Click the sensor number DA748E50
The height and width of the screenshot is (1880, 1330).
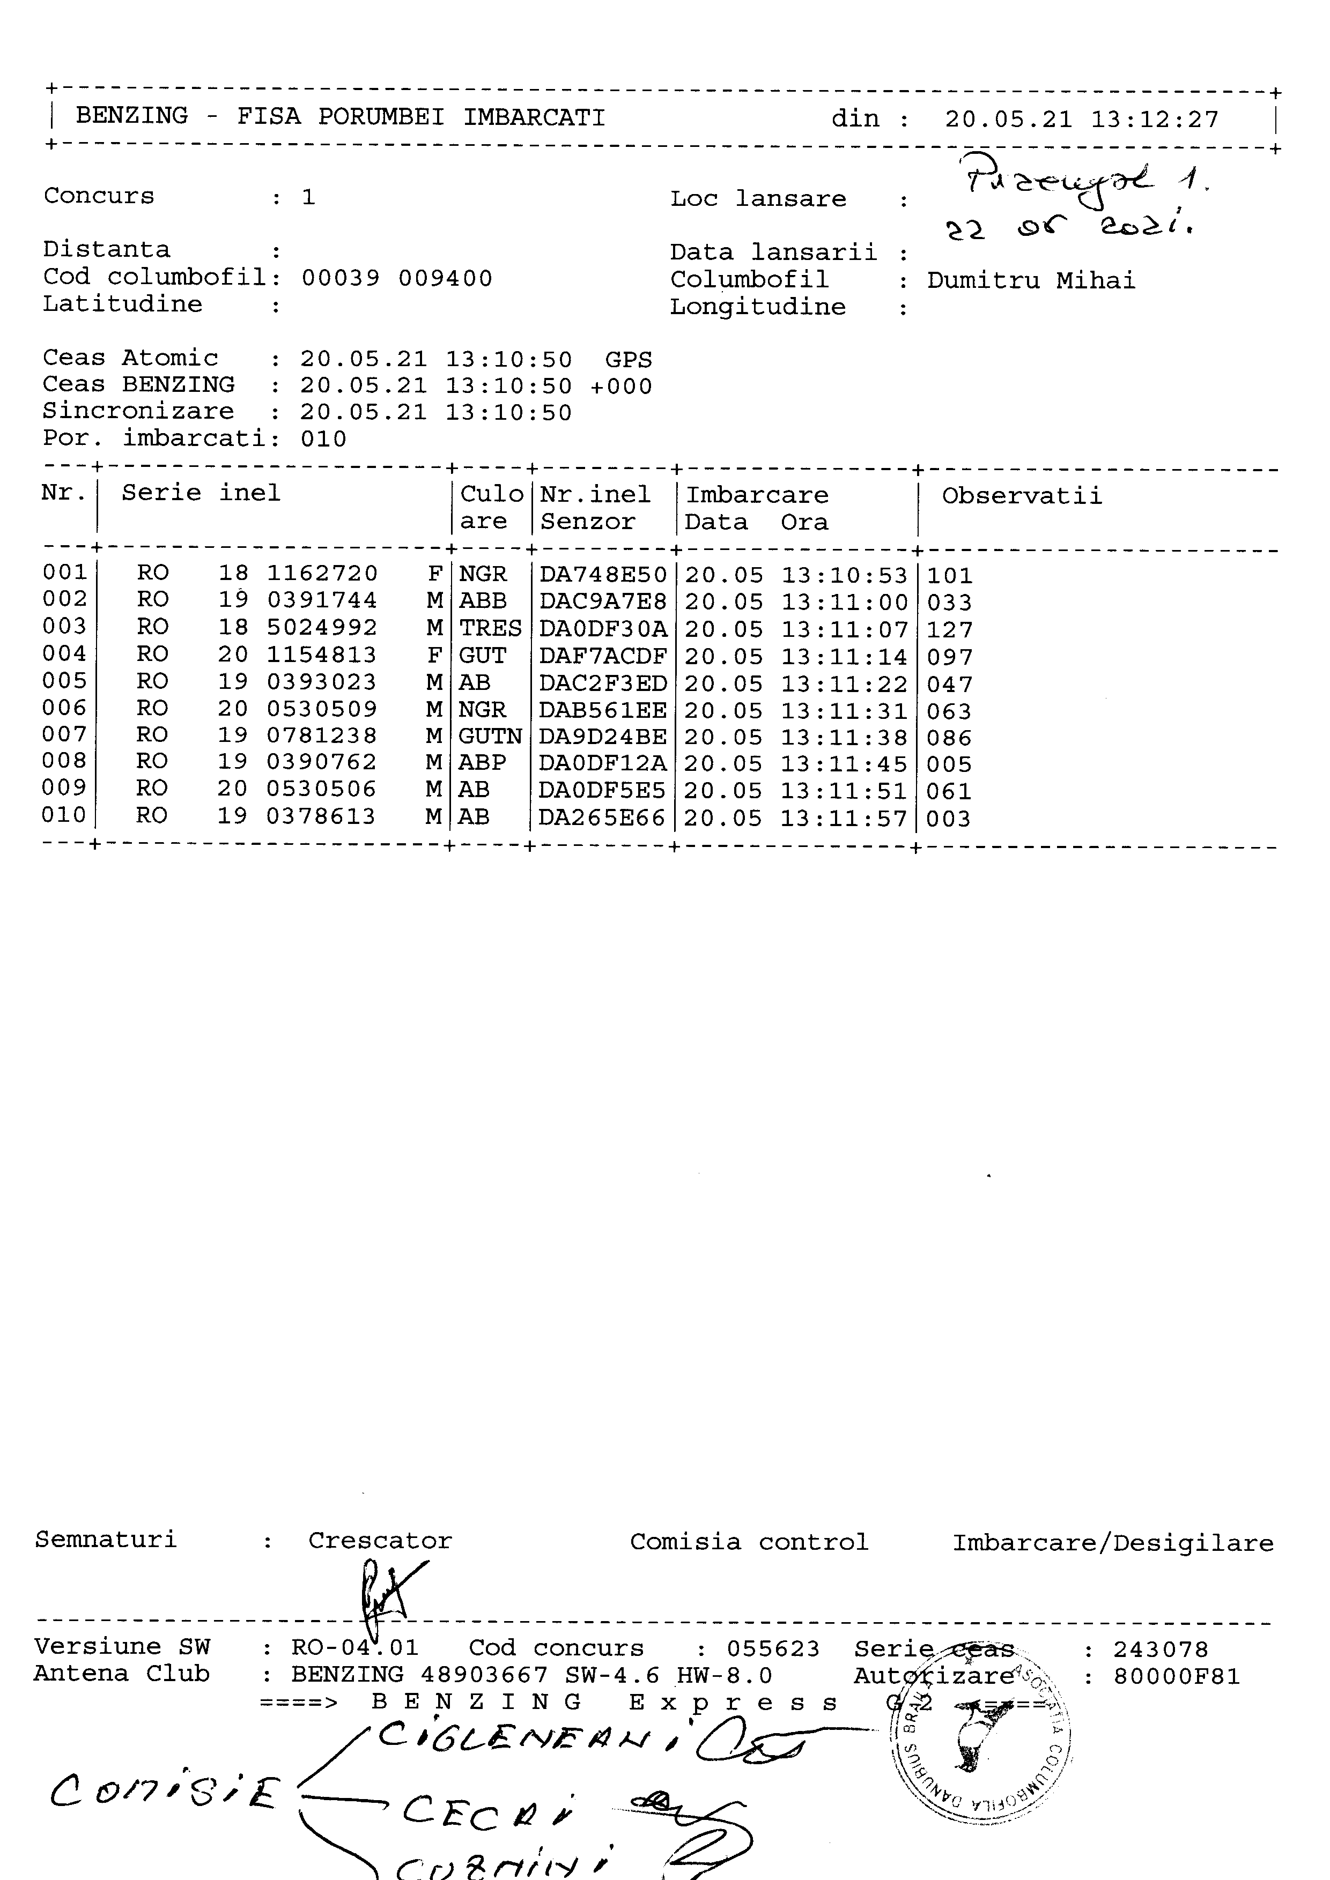point(603,575)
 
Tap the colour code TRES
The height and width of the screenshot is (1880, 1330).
point(490,629)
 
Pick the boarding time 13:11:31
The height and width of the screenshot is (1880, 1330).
point(844,711)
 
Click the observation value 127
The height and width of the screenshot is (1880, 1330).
point(949,630)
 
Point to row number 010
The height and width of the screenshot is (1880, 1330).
point(64,815)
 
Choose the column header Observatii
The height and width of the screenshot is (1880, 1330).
point(1021,495)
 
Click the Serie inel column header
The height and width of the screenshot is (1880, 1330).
point(201,493)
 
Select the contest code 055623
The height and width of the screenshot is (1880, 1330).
point(772,1648)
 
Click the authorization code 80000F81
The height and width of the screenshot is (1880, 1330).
point(1176,1676)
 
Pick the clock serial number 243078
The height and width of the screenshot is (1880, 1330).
point(1159,1649)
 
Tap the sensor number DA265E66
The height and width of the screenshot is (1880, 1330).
point(602,818)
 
